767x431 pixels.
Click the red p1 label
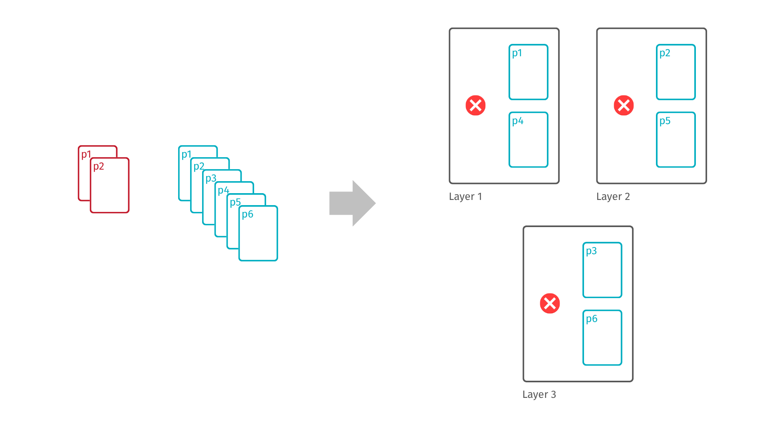(86, 154)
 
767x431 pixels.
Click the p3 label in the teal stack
(211, 178)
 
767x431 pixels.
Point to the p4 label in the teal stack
(223, 190)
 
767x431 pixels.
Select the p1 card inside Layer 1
(528, 72)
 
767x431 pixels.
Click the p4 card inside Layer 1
(528, 140)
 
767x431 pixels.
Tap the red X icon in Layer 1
(475, 105)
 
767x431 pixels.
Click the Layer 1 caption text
(465, 196)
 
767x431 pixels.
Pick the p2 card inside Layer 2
(676, 72)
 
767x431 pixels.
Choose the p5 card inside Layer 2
(676, 140)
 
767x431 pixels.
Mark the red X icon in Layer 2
(624, 105)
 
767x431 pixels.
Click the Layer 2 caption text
(613, 196)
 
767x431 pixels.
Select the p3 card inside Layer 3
(602, 270)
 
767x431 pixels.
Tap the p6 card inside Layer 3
(602, 338)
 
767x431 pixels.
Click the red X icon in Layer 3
(550, 303)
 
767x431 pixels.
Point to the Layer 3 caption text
(539, 394)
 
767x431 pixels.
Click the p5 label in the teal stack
(235, 202)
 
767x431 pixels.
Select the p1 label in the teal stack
(187, 154)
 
